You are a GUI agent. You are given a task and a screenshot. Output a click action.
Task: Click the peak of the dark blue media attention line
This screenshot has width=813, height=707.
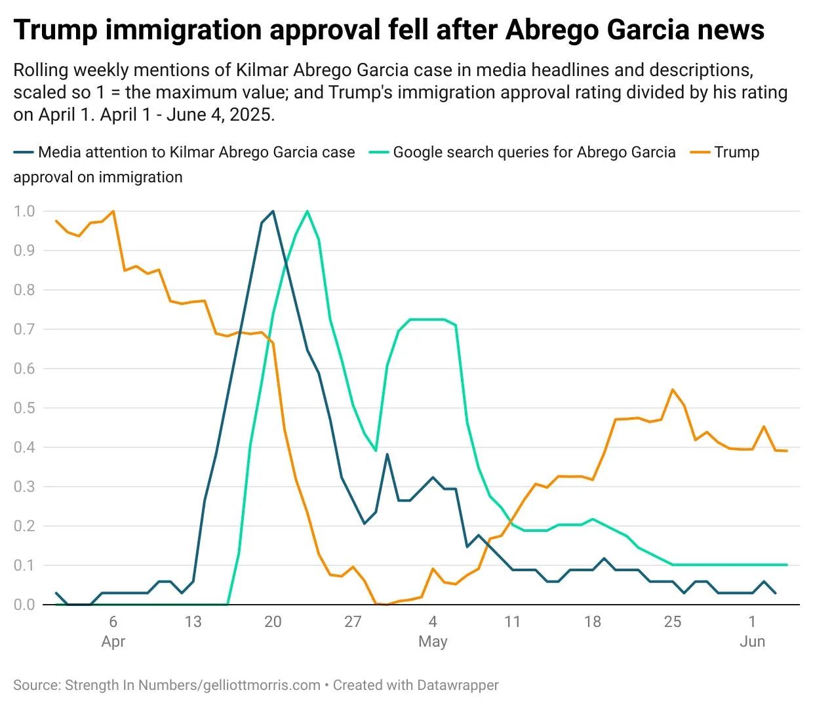click(x=273, y=211)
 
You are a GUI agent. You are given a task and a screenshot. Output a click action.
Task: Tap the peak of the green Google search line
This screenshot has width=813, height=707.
click(x=307, y=211)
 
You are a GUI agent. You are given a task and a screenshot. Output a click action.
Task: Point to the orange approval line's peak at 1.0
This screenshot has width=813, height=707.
click(x=113, y=211)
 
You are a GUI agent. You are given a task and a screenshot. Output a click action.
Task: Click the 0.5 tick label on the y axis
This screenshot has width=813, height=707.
click(x=24, y=408)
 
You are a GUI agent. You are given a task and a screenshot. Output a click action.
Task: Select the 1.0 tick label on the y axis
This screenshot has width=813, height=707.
click(x=24, y=211)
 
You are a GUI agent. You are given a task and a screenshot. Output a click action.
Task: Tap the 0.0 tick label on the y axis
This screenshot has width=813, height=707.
click(x=24, y=605)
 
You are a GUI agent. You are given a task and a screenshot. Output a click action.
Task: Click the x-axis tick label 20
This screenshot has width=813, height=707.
click(x=273, y=621)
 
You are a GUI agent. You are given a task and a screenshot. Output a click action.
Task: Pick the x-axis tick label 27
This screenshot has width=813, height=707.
click(x=353, y=621)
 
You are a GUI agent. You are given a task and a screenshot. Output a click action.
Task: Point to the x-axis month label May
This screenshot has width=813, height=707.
click(x=433, y=641)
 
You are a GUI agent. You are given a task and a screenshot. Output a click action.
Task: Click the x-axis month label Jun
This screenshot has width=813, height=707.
click(x=752, y=641)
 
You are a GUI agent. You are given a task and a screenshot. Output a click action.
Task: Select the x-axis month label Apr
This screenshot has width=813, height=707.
click(x=113, y=641)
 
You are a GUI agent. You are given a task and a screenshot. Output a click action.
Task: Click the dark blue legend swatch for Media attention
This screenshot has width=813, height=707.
click(x=23, y=153)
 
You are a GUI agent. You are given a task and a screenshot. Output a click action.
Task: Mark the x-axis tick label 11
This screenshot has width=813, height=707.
click(x=513, y=621)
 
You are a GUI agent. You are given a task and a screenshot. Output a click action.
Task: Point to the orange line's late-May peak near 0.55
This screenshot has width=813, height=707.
click(x=673, y=390)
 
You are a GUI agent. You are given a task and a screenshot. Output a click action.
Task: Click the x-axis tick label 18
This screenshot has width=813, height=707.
click(x=593, y=621)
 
